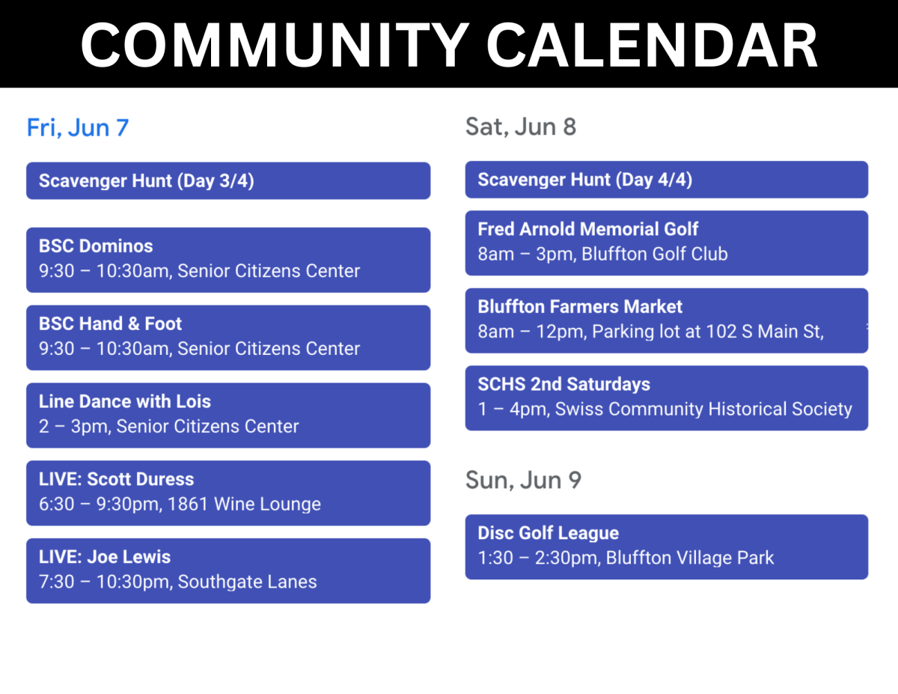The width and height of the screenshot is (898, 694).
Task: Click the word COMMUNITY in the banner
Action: pos(275,45)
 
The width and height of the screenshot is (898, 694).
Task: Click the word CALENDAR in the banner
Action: pos(652,45)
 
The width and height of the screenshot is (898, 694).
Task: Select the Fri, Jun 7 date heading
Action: pos(78,127)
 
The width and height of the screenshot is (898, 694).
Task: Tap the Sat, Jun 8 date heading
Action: pos(521,127)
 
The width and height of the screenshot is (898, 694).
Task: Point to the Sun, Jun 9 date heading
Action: pos(523,480)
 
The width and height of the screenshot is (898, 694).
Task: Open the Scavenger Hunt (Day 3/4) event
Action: pos(228,180)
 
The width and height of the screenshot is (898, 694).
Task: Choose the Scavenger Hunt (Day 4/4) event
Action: pos(666,180)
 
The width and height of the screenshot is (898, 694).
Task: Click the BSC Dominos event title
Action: pos(96,246)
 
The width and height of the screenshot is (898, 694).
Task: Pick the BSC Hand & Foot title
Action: pos(110,323)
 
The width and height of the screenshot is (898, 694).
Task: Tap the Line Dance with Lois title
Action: pos(125,401)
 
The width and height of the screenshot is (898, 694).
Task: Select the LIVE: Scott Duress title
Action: pos(117,479)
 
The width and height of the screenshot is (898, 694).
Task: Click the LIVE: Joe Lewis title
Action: pos(105,557)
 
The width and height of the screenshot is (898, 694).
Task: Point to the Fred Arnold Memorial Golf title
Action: pos(587,229)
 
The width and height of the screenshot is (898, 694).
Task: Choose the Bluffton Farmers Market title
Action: pos(580,307)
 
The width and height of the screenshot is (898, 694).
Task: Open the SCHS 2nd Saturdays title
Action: pos(564,384)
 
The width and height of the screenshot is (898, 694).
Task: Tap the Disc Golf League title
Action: pos(549,533)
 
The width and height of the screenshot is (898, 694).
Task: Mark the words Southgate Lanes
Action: pos(247,582)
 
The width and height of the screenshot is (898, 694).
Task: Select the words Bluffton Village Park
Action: pos(690,558)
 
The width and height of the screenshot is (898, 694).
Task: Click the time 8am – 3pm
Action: pos(527,254)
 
